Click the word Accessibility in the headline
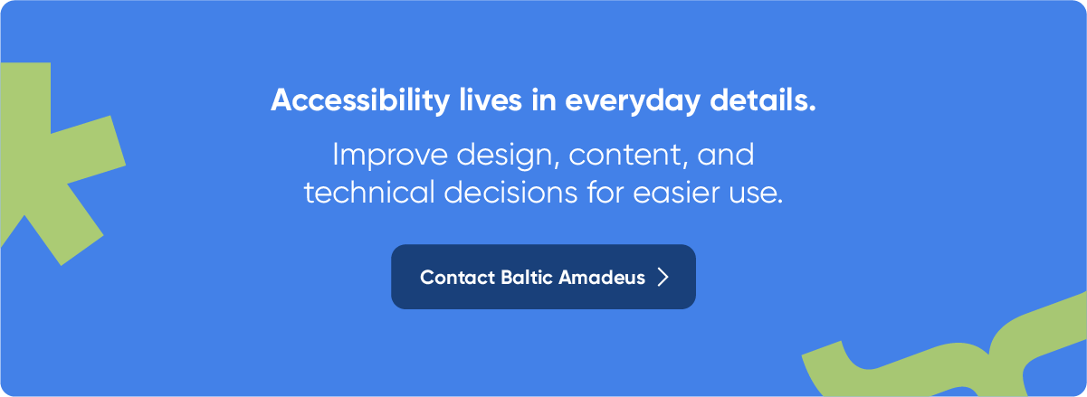(360, 100)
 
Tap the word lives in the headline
(491, 99)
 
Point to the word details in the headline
(763, 99)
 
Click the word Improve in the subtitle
(390, 156)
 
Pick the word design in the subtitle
(508, 156)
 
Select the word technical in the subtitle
(369, 193)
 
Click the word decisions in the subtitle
(510, 193)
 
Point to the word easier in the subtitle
(676, 193)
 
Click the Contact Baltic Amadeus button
(543, 277)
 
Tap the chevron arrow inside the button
(663, 277)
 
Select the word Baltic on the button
(527, 278)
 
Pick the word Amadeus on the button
(602, 278)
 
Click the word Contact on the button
(457, 278)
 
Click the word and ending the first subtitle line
(726, 156)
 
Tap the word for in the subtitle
(605, 192)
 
